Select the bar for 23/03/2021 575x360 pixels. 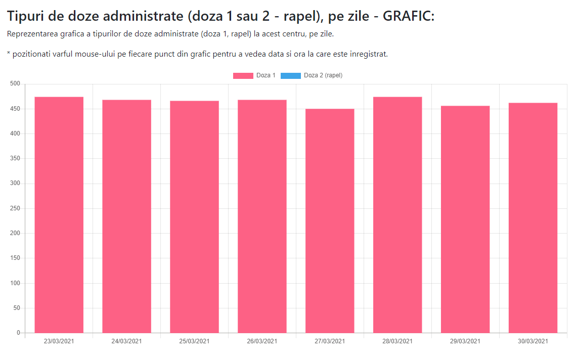coord(59,215)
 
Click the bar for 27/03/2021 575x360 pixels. coord(330,221)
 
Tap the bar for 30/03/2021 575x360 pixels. coord(533,218)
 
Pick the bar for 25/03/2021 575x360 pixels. coord(194,217)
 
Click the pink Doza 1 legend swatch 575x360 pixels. coord(243,76)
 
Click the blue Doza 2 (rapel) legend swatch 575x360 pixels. coord(290,76)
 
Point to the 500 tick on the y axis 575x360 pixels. coord(15,84)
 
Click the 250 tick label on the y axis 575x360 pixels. coord(15,208)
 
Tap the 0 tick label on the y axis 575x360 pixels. coord(18,333)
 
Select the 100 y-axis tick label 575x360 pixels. coord(15,283)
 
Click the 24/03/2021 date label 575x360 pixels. coord(126,341)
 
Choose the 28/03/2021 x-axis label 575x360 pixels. coord(397,341)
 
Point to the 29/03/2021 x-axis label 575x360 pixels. coord(465,341)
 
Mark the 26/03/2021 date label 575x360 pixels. coord(262,341)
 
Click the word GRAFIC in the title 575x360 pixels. coord(408,16)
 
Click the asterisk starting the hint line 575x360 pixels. coord(9,53)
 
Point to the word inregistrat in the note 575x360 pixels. coord(368,54)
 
